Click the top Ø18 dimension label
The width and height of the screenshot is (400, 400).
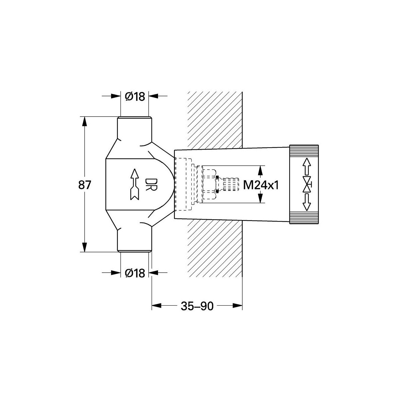pos(135,97)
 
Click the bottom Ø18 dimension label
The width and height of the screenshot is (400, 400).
pos(135,273)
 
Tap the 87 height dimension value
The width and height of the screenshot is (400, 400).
pos(84,185)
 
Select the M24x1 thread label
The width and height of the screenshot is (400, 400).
pos(261,185)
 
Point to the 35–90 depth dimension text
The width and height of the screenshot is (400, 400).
pos(197,306)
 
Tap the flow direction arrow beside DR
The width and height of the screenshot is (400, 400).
pos(135,185)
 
